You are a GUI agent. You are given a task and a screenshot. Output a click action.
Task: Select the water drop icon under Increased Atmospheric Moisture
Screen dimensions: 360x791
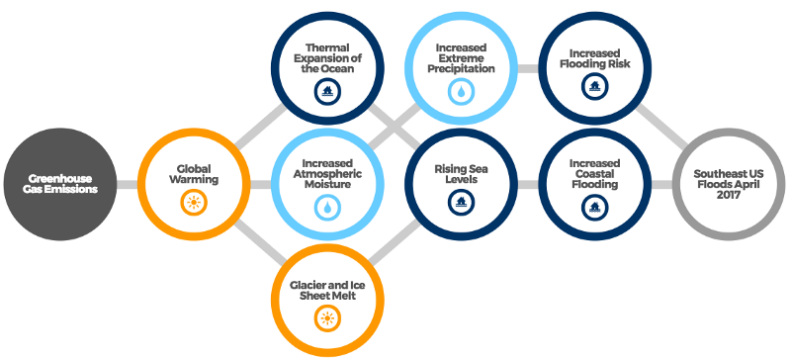click(326, 208)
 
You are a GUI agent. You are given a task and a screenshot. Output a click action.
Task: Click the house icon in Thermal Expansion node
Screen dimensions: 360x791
click(325, 92)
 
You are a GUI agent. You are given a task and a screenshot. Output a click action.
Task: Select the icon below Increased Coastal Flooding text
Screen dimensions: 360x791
click(594, 208)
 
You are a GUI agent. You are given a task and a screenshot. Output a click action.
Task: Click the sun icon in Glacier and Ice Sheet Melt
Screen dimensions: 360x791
click(326, 317)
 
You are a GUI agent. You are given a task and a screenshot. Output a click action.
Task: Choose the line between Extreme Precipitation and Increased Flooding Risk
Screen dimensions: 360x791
click(527, 69)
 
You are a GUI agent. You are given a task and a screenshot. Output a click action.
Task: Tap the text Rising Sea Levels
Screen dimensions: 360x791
click(460, 174)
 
